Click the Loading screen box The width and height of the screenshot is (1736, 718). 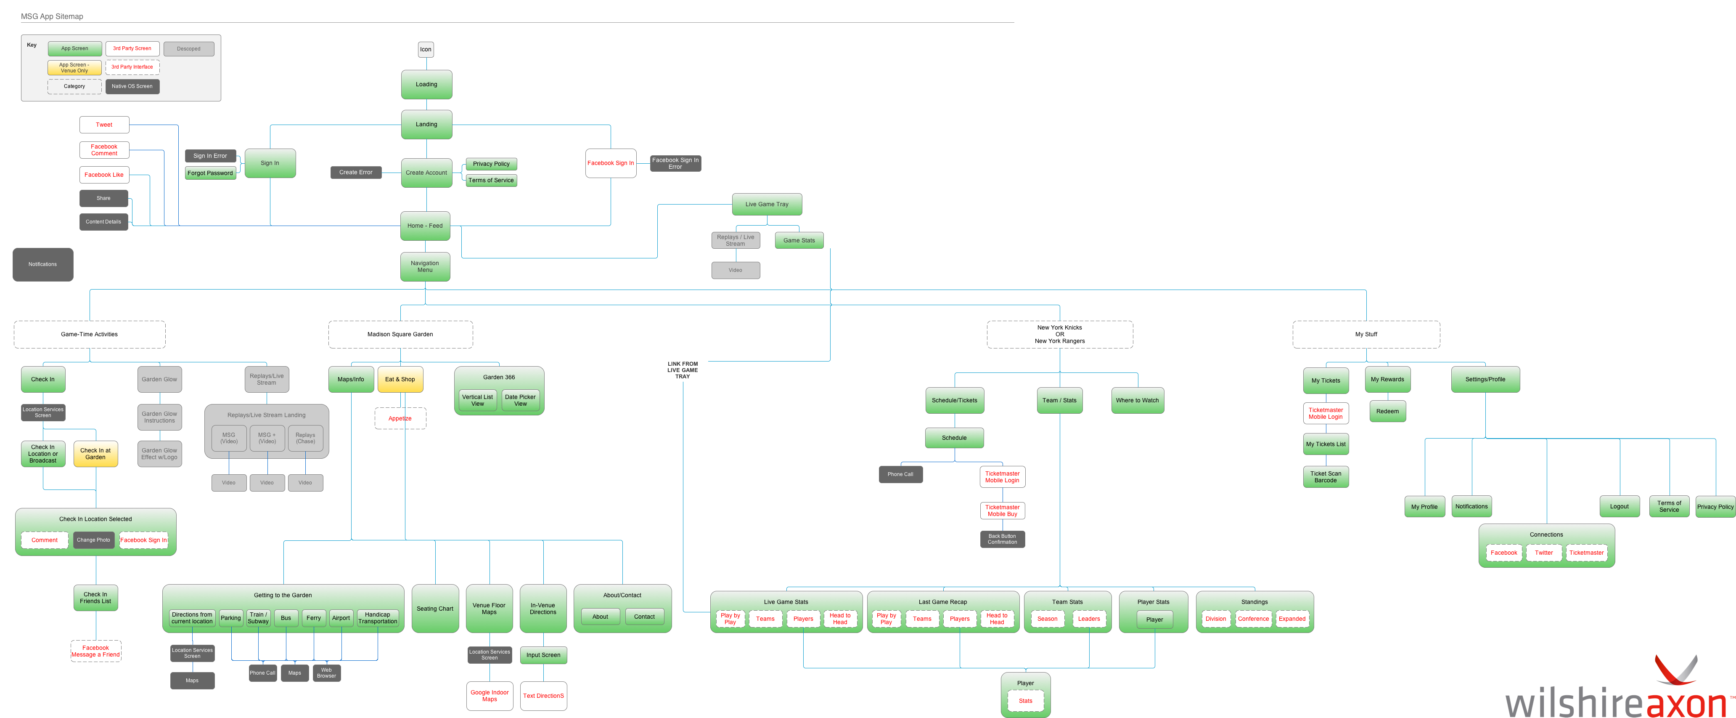coord(426,84)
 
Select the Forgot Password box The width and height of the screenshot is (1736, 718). coord(210,173)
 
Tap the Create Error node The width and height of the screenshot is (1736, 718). coord(356,173)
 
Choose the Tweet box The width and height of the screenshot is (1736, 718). coord(104,125)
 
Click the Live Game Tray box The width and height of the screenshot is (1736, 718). coord(767,204)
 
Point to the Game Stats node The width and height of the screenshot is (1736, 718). coord(799,241)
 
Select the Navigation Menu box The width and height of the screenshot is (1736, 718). coord(425,267)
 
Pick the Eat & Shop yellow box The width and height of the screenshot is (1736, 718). coord(400,380)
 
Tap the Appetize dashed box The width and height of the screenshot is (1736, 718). coord(400,419)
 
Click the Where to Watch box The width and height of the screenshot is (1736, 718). coord(1138,401)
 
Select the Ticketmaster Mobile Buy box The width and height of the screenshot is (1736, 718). coord(1003,511)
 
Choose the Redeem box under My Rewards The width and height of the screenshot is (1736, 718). coord(1388,411)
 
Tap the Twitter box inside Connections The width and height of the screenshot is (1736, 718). coord(1544,553)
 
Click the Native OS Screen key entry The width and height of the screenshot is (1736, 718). coord(132,86)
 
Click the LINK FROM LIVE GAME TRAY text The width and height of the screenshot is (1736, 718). coord(683,370)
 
